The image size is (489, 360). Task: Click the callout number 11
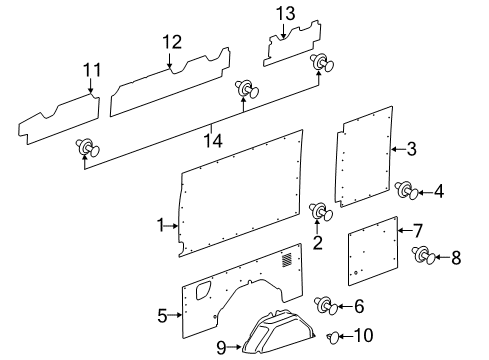coord(92,70)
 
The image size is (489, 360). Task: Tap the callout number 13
coord(286,13)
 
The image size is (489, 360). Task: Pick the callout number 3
coord(411,150)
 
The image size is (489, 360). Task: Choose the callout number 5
coord(161,316)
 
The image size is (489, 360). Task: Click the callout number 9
coord(221,347)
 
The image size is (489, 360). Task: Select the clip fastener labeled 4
coord(406,188)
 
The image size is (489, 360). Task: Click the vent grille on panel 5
coord(288,261)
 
